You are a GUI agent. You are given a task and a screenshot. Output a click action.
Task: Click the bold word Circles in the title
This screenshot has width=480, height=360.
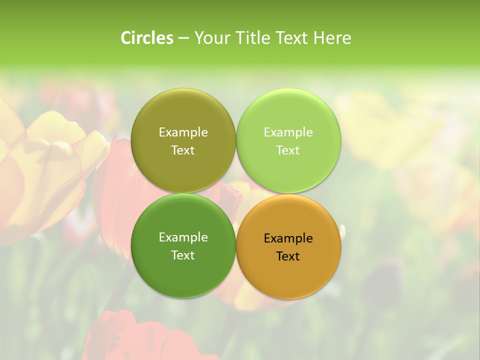[x=147, y=38]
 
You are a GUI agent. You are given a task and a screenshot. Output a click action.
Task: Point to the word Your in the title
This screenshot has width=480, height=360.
[x=211, y=38]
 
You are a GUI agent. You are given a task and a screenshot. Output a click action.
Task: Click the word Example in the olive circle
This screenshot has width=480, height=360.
[x=183, y=132]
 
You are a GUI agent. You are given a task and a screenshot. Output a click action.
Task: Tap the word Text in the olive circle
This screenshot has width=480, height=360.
[x=183, y=150]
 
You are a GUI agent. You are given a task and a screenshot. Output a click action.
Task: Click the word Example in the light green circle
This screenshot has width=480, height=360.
[x=288, y=132]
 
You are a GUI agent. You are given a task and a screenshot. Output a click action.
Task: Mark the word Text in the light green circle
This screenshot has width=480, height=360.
[x=288, y=150]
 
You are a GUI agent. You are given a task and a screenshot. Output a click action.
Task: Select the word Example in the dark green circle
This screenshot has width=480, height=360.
[x=183, y=237]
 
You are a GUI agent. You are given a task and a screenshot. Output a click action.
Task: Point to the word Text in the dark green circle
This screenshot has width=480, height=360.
[x=183, y=255]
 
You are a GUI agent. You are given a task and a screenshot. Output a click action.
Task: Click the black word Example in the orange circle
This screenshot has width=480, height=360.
[x=288, y=238]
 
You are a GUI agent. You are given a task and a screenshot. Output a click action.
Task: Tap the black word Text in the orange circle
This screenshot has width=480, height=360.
[x=288, y=256]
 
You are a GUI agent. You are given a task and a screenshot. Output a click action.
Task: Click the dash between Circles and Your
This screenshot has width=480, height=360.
[x=183, y=38]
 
